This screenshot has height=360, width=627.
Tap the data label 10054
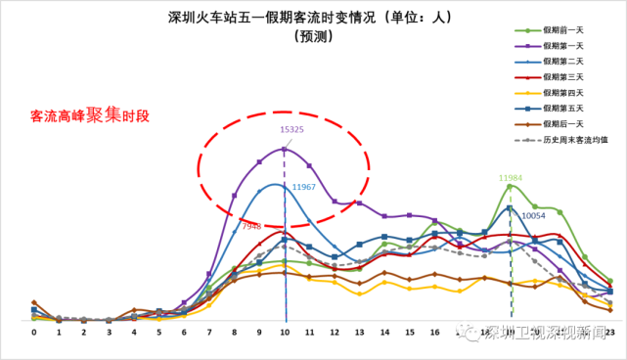coord(533,215)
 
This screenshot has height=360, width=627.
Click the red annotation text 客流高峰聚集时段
coord(90,115)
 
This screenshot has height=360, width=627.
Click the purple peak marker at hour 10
coord(285,149)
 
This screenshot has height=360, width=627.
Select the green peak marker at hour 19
coord(511,186)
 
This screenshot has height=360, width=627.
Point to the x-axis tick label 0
coord(34,334)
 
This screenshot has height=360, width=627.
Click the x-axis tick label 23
coord(609,334)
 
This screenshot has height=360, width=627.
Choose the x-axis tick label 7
coord(209,334)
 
